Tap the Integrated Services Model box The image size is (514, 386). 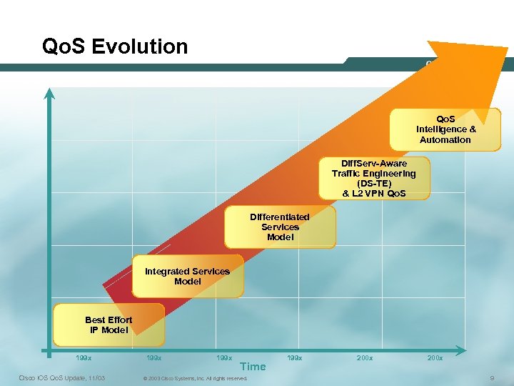(x=188, y=277)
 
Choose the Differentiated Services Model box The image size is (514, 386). (x=280, y=227)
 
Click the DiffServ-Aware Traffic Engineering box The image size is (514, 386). (x=374, y=178)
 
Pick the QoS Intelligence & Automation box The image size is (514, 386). (x=445, y=129)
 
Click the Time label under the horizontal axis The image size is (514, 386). (x=253, y=367)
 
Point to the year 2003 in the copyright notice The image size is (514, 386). (x=153, y=378)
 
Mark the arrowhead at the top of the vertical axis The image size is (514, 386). (x=49, y=93)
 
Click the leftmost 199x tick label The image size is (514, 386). (x=84, y=357)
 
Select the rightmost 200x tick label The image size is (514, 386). (x=435, y=357)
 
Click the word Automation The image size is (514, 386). (x=445, y=140)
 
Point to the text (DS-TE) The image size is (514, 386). (x=374, y=183)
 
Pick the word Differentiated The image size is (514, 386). (x=280, y=217)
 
